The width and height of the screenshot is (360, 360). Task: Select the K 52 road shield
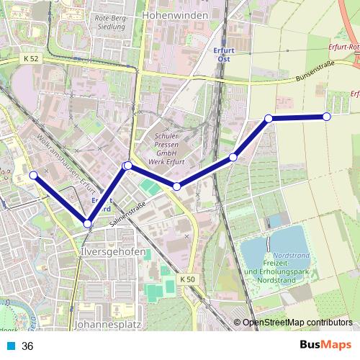point(31,58)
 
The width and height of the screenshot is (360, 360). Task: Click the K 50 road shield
point(187,279)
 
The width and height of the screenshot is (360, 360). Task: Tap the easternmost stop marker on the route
point(327,117)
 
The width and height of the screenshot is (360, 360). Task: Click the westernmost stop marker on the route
point(33,175)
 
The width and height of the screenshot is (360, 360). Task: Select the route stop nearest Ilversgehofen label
point(88,223)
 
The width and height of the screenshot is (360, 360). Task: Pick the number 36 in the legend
point(27,346)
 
